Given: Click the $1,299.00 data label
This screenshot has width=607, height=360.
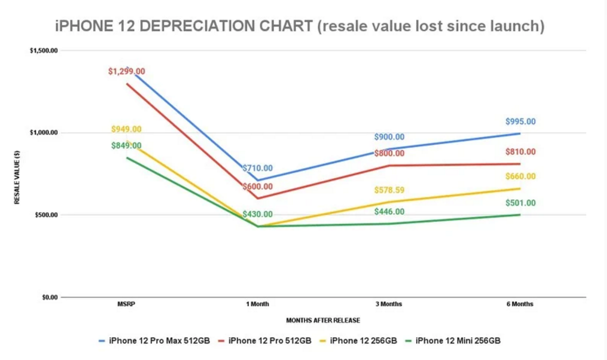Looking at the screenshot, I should pos(126,72).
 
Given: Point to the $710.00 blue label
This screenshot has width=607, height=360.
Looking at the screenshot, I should pos(257,168).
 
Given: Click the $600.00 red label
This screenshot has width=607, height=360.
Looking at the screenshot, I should pos(257,186).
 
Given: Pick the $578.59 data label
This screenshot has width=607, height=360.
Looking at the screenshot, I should pos(389,190).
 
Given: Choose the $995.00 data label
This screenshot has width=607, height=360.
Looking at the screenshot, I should pos(520,122).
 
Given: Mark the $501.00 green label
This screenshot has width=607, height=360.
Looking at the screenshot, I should pos(520,203).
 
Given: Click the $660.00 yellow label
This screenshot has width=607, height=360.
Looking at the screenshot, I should pos(520,176).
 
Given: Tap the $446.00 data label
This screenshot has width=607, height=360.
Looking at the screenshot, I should pos(389,212).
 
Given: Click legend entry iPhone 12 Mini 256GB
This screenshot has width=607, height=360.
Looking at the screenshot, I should pos(458,341).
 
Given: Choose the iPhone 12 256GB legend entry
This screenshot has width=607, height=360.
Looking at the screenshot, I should pos(363,341).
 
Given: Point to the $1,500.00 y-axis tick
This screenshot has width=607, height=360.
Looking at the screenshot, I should pos(44,51).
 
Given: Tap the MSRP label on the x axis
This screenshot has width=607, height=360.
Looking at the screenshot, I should pos(126,305).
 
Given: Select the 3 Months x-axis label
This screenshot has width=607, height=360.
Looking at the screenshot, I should pos(389,305).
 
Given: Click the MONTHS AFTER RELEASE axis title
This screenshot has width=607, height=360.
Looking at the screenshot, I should pos(323,320).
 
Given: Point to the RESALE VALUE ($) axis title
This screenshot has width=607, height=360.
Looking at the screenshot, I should pos(16,174).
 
